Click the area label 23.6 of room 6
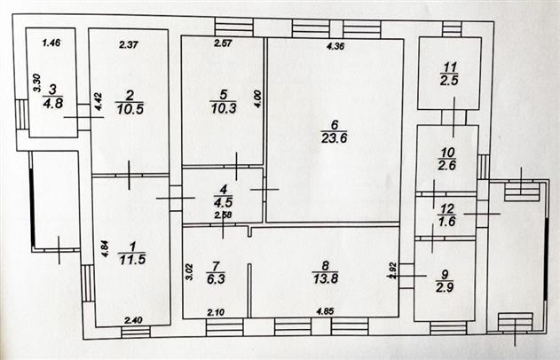pyautogui.click(x=334, y=138)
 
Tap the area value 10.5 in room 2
pyautogui.click(x=130, y=109)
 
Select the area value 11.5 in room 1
pyautogui.click(x=132, y=260)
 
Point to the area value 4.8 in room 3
pyautogui.click(x=53, y=104)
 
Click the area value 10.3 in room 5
pyautogui.click(x=224, y=108)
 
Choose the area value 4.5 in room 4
pyautogui.click(x=224, y=202)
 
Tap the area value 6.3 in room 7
pyautogui.click(x=216, y=278)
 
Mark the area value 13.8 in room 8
pyautogui.click(x=326, y=278)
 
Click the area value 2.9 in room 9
pyautogui.click(x=445, y=287)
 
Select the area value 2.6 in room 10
pyautogui.click(x=446, y=166)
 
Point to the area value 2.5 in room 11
pyautogui.click(x=449, y=81)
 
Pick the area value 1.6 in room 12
pyautogui.click(x=446, y=222)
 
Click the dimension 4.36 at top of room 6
pyautogui.click(x=335, y=46)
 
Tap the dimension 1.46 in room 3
pyautogui.click(x=51, y=43)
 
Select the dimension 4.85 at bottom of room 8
pyautogui.click(x=325, y=311)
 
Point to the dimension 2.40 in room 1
pyautogui.click(x=133, y=320)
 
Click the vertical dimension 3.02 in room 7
pyautogui.click(x=190, y=271)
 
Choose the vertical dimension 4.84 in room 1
pyautogui.click(x=105, y=248)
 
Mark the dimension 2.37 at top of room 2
pyautogui.click(x=129, y=45)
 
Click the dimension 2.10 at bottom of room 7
pyautogui.click(x=216, y=312)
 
